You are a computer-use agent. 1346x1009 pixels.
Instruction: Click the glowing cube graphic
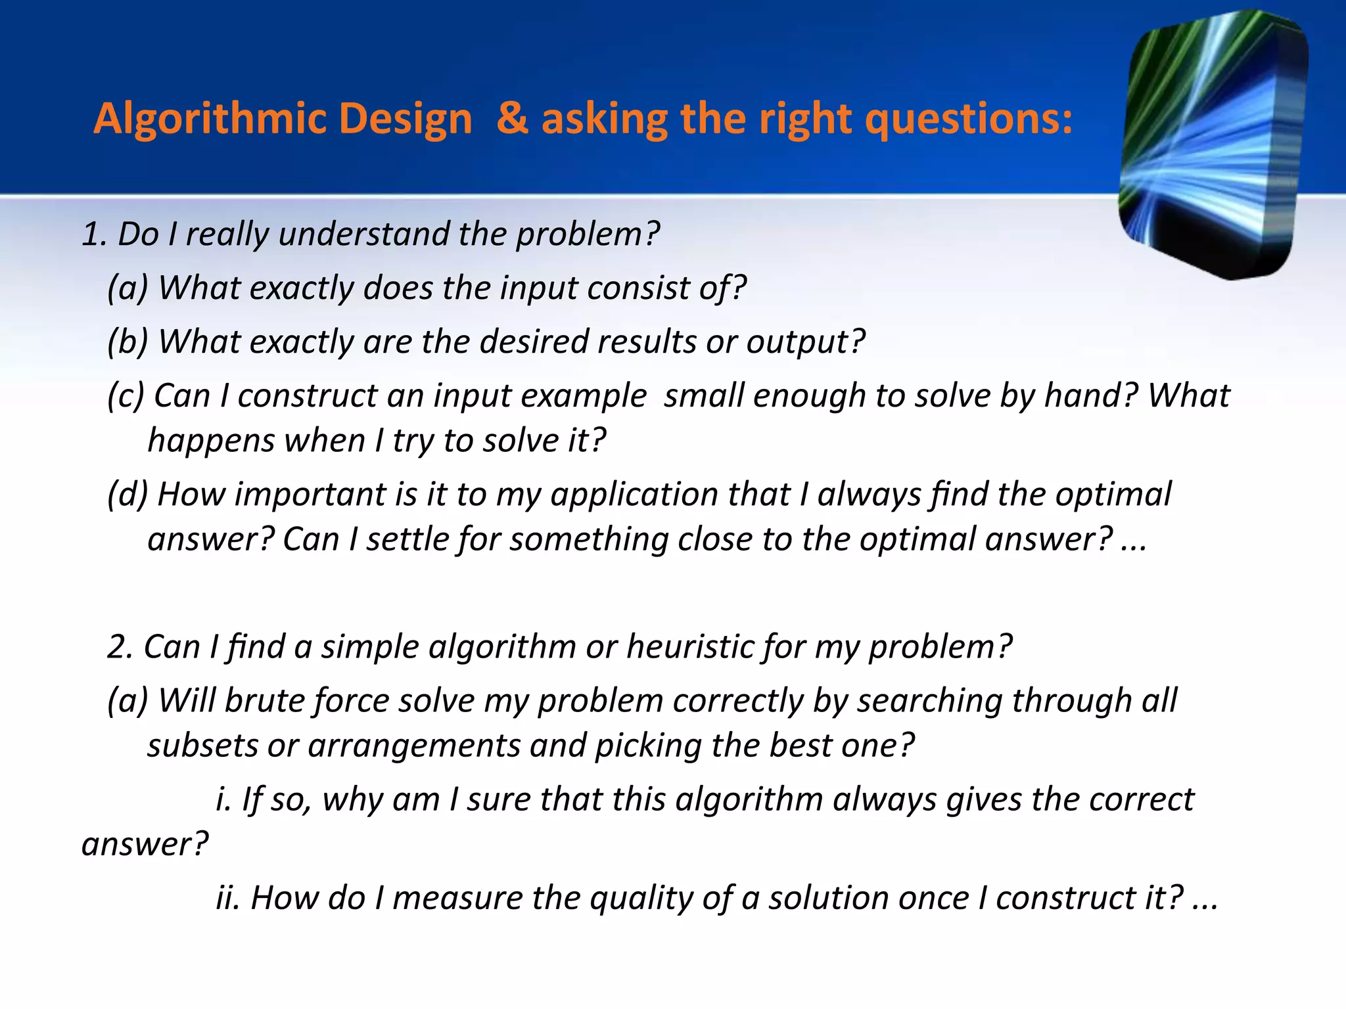(1213, 145)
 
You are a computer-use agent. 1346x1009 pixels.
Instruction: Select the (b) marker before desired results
(128, 342)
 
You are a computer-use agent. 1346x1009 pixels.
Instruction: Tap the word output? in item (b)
(805, 342)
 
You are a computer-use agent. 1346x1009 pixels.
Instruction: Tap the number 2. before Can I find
(120, 647)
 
